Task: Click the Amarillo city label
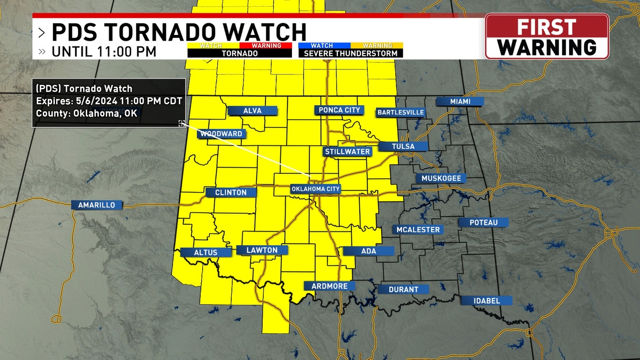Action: [96, 205]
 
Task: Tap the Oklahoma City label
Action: [316, 189]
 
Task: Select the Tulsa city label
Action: [403, 146]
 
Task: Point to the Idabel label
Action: [486, 301]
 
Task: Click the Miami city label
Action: [460, 101]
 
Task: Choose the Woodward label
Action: [221, 134]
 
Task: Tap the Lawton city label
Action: [262, 250]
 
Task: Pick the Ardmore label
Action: [329, 286]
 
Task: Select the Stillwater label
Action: [347, 152]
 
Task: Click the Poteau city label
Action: [483, 222]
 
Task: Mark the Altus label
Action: [206, 252]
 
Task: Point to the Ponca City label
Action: [339, 110]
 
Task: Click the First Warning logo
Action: [547, 37]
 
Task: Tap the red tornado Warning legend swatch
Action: [266, 46]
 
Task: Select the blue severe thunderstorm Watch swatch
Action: [322, 46]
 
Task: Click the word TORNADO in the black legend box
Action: [240, 53]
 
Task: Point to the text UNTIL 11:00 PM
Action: [104, 51]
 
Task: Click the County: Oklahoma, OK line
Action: [86, 113]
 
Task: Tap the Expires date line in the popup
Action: [109, 101]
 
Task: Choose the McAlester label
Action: [418, 230]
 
